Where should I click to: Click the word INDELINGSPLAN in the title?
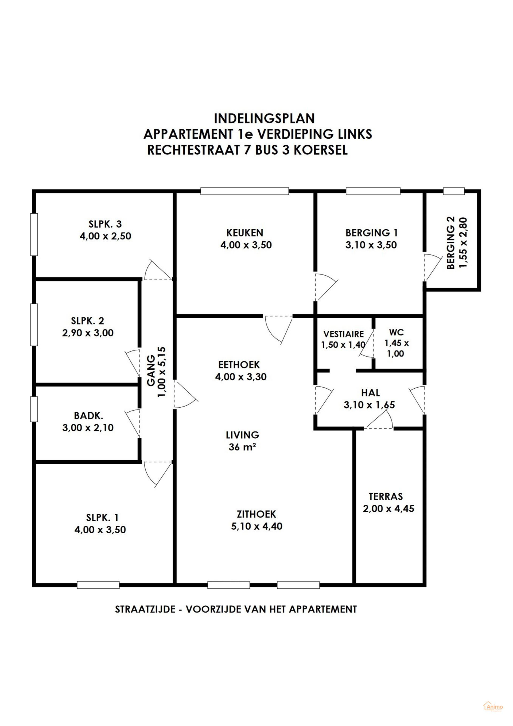264,119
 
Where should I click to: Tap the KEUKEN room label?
245,233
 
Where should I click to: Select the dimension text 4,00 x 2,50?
105,236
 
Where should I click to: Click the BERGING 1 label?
371,233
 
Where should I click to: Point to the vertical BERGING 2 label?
451,242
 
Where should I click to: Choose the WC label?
396,332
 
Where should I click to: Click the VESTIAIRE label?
344,334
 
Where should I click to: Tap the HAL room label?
370,393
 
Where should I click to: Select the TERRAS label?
386,496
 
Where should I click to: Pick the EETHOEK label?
239,365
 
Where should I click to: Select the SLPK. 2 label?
87,321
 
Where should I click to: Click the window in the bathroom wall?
34,409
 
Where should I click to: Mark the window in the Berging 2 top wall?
454,191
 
